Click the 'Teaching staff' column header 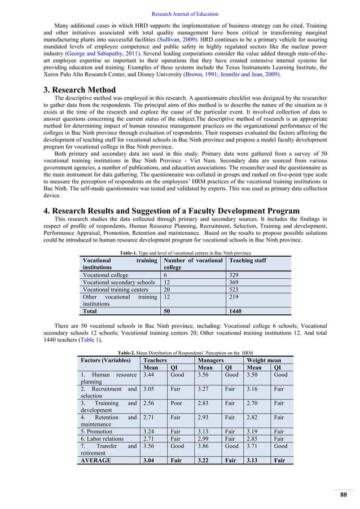(247, 261)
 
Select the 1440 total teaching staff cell (235, 310)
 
